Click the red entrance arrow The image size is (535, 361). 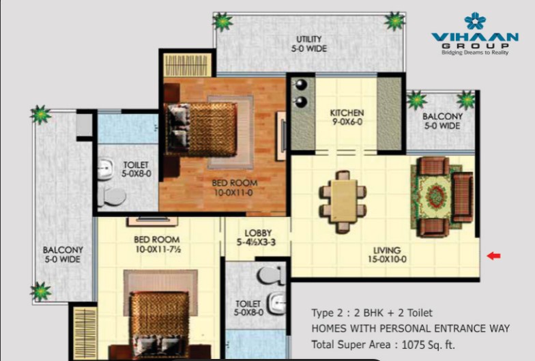click(x=493, y=255)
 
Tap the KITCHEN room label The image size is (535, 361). click(x=347, y=113)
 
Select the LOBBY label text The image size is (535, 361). click(x=258, y=233)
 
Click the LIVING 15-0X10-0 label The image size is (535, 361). click(x=387, y=255)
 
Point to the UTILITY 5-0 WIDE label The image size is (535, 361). click(x=308, y=44)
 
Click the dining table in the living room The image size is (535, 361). click(x=344, y=202)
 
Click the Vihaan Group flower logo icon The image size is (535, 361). click(x=475, y=20)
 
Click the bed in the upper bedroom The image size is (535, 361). click(x=201, y=130)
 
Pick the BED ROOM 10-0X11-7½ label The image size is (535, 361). click(x=157, y=244)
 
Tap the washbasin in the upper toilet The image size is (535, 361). click(x=105, y=168)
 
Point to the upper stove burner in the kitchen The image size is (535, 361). click(x=301, y=85)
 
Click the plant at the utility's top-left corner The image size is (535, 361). click(x=222, y=22)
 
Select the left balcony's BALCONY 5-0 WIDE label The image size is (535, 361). click(x=63, y=255)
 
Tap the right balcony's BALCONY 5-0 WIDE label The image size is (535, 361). click(x=442, y=121)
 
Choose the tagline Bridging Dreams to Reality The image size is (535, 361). click(x=475, y=53)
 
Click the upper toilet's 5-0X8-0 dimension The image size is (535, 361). click(x=136, y=173)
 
